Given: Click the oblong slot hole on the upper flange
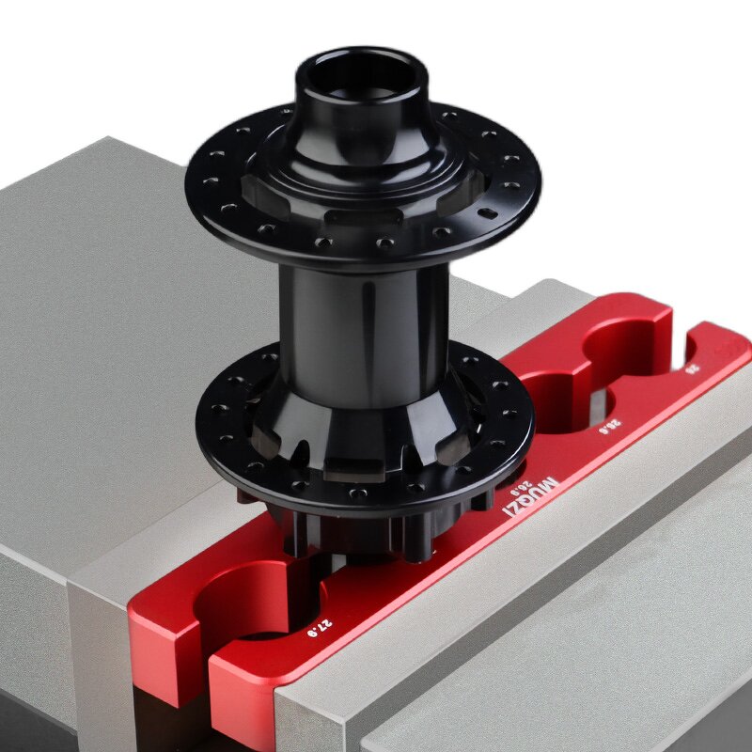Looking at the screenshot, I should click(485, 215).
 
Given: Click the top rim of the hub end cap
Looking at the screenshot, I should click(361, 52).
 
